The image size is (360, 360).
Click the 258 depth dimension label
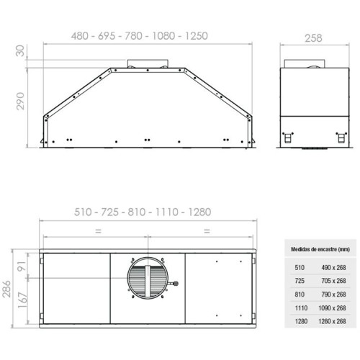pyautogui.click(x=313, y=38)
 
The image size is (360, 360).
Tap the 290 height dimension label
pyautogui.click(x=20, y=101)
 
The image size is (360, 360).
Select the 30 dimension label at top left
pyautogui.click(x=20, y=50)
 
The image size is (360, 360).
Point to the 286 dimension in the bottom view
pyautogui.click(x=6, y=289)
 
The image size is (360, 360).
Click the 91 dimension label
pyautogui.click(x=22, y=266)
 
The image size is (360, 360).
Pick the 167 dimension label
pyautogui.click(x=22, y=300)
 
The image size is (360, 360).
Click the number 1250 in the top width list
pyautogui.click(x=197, y=36)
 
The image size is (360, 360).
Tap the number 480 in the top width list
pyautogui.click(x=80, y=36)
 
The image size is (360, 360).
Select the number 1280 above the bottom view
pyautogui.click(x=199, y=212)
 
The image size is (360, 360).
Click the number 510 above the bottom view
pyautogui.click(x=83, y=212)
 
